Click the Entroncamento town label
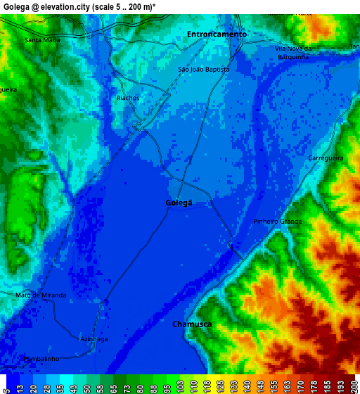(x=217, y=34)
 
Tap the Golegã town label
(x=179, y=203)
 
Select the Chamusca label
(x=192, y=324)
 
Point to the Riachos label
(x=128, y=98)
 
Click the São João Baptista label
(x=204, y=70)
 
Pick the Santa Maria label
(x=42, y=40)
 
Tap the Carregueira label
(x=326, y=158)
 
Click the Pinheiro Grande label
(x=277, y=222)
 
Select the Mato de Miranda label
(x=41, y=295)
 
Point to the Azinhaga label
(x=94, y=338)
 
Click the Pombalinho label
(x=41, y=359)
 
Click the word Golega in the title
(x=16, y=6)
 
